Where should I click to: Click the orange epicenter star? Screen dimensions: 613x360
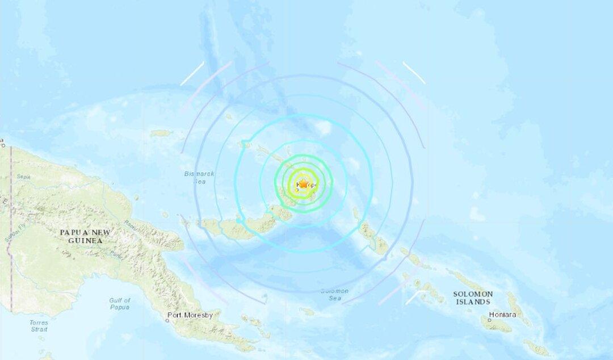[303, 184]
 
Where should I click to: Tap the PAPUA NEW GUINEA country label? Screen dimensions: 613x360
[86, 236]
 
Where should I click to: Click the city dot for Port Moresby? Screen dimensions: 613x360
[167, 321]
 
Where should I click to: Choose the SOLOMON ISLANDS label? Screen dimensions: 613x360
[473, 298]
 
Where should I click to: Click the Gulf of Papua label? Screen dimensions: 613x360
[120, 303]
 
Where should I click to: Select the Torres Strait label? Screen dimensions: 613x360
[39, 325]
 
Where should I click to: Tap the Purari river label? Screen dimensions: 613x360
[116, 248]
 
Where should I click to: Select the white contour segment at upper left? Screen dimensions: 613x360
[192, 74]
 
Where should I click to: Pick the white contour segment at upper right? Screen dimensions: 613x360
[414, 73]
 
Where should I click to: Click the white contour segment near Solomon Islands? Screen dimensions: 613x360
[413, 298]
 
